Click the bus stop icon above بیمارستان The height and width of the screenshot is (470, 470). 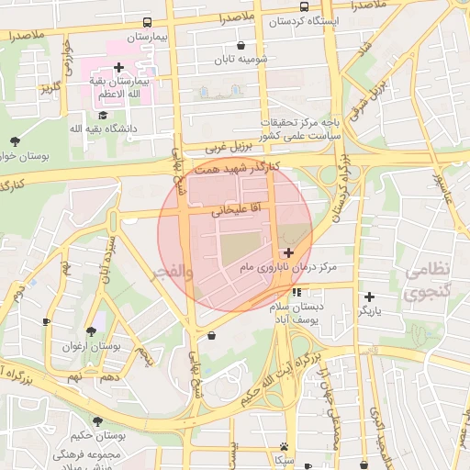coord(148,22)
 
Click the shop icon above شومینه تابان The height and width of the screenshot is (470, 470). coord(241,45)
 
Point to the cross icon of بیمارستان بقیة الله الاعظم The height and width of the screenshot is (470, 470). coord(119,66)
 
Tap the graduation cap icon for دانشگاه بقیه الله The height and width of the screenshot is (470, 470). coord(103,116)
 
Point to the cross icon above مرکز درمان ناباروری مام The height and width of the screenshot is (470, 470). coord(288,252)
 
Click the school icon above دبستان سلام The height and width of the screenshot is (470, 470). coord(296,293)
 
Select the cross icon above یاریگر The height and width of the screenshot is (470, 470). coord(369,297)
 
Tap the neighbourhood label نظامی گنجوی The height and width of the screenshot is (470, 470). coord(427,282)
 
